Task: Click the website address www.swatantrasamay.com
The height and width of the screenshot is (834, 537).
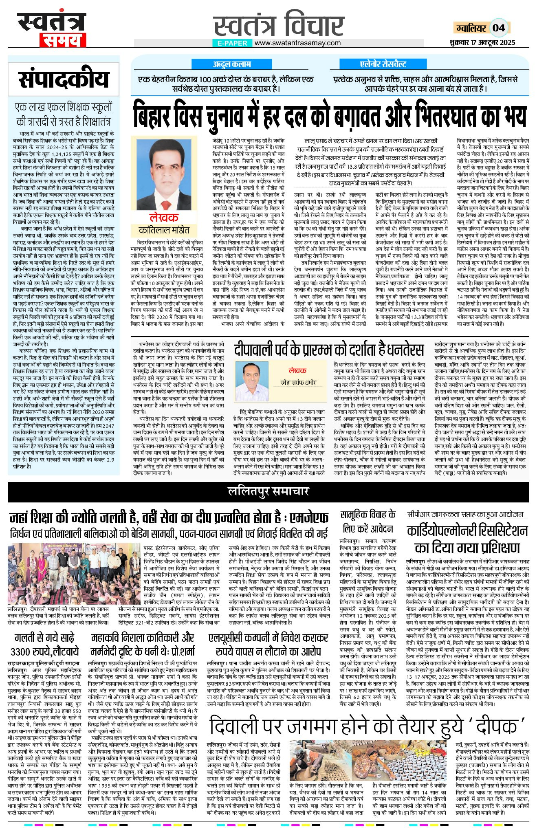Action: pyautogui.click(x=298, y=43)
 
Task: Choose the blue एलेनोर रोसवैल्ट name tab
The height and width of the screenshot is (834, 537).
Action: pyautogui.click(x=383, y=64)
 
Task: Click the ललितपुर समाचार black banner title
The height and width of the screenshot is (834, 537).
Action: pyautogui.click(x=268, y=491)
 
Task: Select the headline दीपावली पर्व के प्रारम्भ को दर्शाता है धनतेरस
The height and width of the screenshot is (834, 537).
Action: pyautogui.click(x=329, y=349)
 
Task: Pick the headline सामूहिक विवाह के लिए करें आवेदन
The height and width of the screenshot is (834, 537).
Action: pyautogui.click(x=368, y=522)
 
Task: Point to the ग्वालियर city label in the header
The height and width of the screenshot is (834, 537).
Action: pyautogui.click(x=471, y=28)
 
